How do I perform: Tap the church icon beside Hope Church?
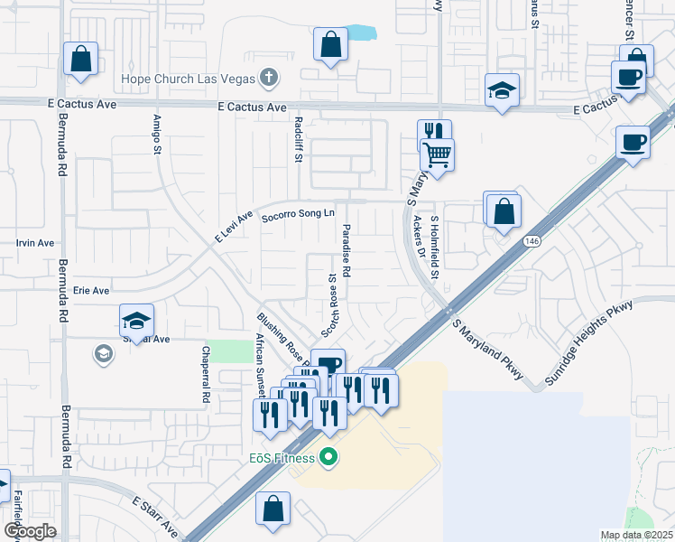click(x=268, y=79)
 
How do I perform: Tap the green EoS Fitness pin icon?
click(x=328, y=458)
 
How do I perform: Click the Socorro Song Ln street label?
click(x=298, y=215)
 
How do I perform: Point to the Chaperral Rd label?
click(x=206, y=383)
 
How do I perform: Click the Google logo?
click(x=29, y=531)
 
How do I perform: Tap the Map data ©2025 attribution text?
click(x=636, y=536)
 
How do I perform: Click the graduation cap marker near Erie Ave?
click(x=136, y=320)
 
